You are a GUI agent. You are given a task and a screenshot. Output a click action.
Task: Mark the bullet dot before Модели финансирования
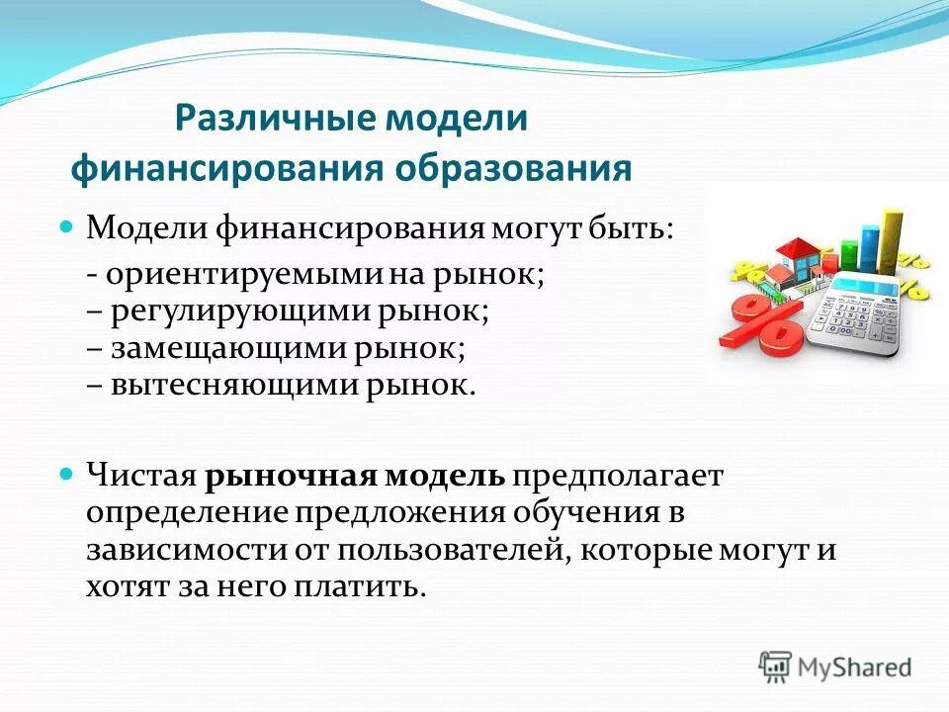[67, 227]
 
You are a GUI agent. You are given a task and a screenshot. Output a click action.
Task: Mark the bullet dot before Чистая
[67, 475]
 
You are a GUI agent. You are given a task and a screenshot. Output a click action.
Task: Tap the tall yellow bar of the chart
[891, 242]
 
